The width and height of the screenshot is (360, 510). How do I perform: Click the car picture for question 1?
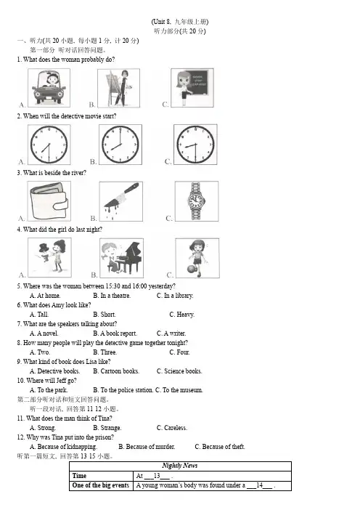click(x=49, y=88)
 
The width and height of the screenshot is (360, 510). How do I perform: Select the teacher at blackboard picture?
click(x=192, y=87)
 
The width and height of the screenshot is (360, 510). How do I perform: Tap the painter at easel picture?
click(x=119, y=88)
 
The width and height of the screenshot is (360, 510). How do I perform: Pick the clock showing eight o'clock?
click(x=120, y=145)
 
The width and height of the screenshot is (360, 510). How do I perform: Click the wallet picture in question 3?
click(x=49, y=201)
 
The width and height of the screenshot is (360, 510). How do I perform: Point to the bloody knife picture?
click(x=121, y=201)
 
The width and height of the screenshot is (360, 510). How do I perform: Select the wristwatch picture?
click(x=197, y=201)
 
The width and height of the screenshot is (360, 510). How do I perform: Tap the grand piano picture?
click(x=121, y=258)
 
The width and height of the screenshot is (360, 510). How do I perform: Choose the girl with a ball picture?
click(x=197, y=258)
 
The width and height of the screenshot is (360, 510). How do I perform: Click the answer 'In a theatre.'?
click(x=112, y=296)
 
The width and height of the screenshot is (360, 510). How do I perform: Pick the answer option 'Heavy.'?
click(x=181, y=315)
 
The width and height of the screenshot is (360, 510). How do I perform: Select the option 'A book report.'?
click(x=115, y=333)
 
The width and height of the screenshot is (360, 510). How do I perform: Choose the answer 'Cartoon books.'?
click(x=116, y=371)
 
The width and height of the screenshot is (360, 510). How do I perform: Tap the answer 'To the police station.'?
click(x=123, y=390)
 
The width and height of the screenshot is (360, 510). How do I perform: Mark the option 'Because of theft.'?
click(x=220, y=447)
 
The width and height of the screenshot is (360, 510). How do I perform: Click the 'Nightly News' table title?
click(x=180, y=466)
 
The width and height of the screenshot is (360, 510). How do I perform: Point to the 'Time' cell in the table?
click(x=79, y=476)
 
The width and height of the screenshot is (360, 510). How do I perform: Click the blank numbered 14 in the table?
click(x=260, y=485)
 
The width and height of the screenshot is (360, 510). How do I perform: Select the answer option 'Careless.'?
click(x=172, y=428)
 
